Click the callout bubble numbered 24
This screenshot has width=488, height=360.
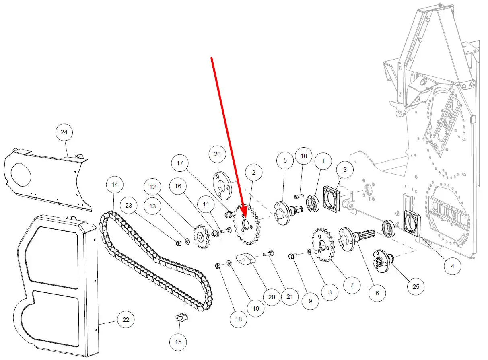tap(64, 132)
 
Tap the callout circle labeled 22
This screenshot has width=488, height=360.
tap(126, 320)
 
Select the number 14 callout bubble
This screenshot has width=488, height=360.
tap(115, 185)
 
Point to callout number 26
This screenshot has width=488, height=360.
tap(217, 154)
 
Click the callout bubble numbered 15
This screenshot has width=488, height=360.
tap(178, 342)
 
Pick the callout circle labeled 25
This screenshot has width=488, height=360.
tap(416, 286)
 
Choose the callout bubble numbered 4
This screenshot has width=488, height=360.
tap(452, 266)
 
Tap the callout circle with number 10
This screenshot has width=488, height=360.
tap(304, 156)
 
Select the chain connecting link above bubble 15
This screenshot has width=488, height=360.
tap(181, 318)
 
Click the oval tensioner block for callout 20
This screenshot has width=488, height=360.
tap(246, 259)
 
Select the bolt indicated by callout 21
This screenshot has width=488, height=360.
tap(268, 253)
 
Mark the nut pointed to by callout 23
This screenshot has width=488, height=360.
tap(177, 242)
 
